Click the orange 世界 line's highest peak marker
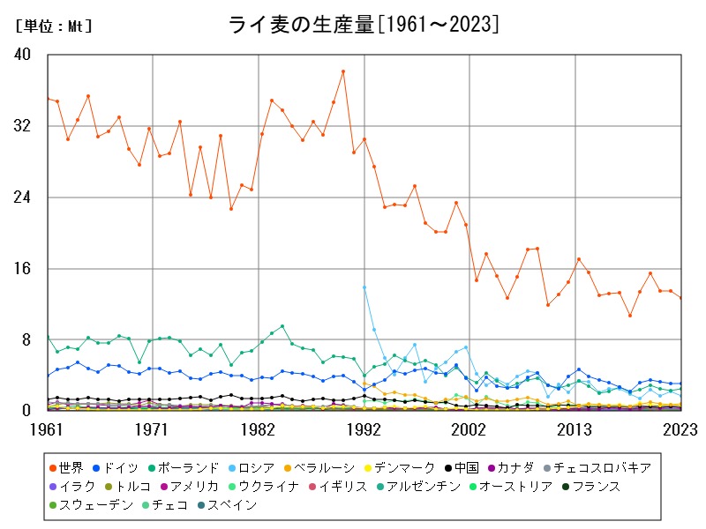343,71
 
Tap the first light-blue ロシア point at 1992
364,287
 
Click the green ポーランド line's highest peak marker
282,326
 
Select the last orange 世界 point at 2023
680,297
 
